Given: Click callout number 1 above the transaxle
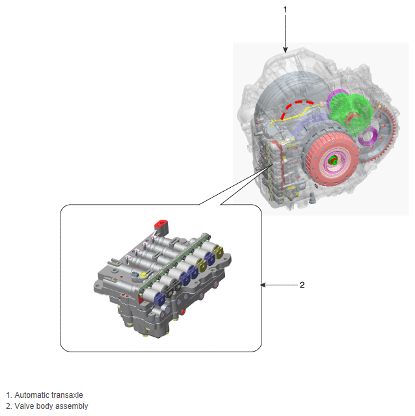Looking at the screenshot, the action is tap(285, 10).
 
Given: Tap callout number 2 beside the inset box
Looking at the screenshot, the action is tap(302, 285).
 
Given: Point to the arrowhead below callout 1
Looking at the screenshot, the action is tap(285, 49).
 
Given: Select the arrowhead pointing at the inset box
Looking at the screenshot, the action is tap(263, 285).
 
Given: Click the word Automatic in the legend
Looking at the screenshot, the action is tap(32, 395).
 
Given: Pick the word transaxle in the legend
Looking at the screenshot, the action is tap(67, 395).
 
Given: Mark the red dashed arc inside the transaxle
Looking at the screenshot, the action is tap(297, 107).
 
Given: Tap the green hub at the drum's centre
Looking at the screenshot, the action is tap(332, 161).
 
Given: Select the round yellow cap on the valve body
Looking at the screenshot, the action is tap(144, 275).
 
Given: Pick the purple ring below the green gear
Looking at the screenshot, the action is tap(368, 136).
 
